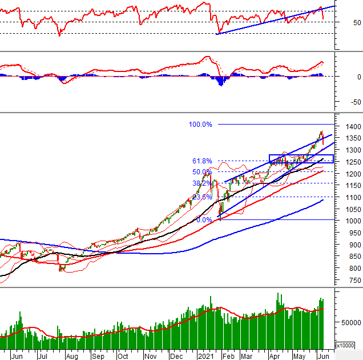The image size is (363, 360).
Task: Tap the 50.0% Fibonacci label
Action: [202, 172]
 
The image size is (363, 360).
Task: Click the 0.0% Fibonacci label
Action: [204, 220]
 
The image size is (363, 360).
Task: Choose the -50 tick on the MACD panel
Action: [344, 103]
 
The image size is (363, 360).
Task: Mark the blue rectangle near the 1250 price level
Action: [301, 159]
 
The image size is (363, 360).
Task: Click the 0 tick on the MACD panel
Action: [342, 76]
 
